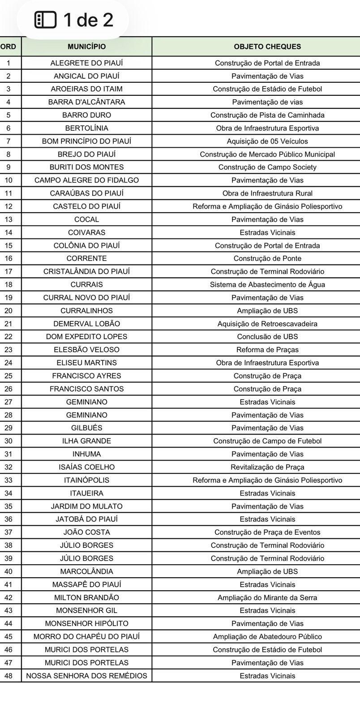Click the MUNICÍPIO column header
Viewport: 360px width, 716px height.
(86, 47)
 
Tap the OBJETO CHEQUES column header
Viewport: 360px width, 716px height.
(267, 47)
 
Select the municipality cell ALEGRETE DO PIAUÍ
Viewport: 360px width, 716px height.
(86, 63)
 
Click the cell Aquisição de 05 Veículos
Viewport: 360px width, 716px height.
(267, 141)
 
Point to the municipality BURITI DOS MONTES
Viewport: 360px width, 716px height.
(86, 167)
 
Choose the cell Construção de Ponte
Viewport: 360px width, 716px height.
(267, 259)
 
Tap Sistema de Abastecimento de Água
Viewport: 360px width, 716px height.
(267, 285)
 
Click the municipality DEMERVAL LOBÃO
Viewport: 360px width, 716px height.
(86, 324)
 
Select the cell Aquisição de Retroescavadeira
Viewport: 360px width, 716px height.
(267, 324)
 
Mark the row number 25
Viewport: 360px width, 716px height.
(9, 376)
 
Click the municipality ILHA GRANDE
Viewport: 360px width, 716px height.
(86, 441)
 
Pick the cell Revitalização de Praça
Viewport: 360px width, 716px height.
(267, 467)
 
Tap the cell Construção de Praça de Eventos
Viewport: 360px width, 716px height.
(267, 532)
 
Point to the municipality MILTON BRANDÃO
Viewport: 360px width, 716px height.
(86, 597)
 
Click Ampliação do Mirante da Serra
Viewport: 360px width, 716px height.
(267, 597)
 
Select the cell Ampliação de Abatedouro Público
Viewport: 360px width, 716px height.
(267, 636)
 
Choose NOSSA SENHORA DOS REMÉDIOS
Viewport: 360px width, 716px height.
(86, 676)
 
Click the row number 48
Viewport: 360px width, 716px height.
(9, 676)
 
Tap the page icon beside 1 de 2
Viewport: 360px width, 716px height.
(46, 20)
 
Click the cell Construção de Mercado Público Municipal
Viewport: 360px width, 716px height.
(267, 154)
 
